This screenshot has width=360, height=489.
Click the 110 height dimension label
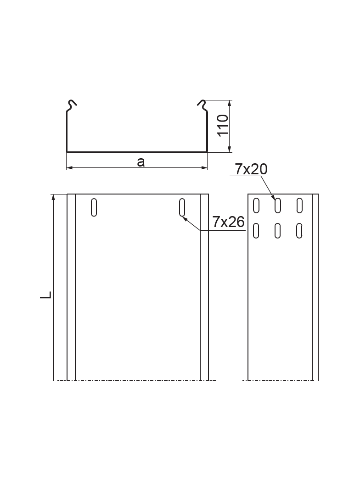(x=223, y=125)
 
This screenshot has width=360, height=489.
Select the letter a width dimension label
(x=141, y=161)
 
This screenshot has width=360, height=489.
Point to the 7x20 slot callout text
(x=251, y=169)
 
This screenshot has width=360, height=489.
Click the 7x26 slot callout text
(x=228, y=222)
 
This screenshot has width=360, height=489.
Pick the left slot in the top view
(x=94, y=207)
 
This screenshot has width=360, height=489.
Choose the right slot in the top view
(x=182, y=207)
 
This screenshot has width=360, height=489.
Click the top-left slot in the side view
(x=256, y=206)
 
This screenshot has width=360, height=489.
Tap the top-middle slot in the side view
(x=278, y=206)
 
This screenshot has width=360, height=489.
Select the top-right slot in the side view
(x=299, y=206)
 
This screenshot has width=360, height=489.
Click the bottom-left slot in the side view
(x=256, y=231)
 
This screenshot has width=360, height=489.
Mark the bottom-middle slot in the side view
(x=278, y=231)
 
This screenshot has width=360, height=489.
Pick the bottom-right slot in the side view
(x=299, y=231)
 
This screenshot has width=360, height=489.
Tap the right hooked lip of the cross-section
(x=202, y=106)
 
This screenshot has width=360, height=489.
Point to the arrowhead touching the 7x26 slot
(x=185, y=219)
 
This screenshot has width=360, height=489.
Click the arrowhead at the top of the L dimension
(x=54, y=197)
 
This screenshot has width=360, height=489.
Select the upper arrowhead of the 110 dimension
(x=230, y=103)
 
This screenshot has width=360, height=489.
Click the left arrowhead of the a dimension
(x=69, y=168)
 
